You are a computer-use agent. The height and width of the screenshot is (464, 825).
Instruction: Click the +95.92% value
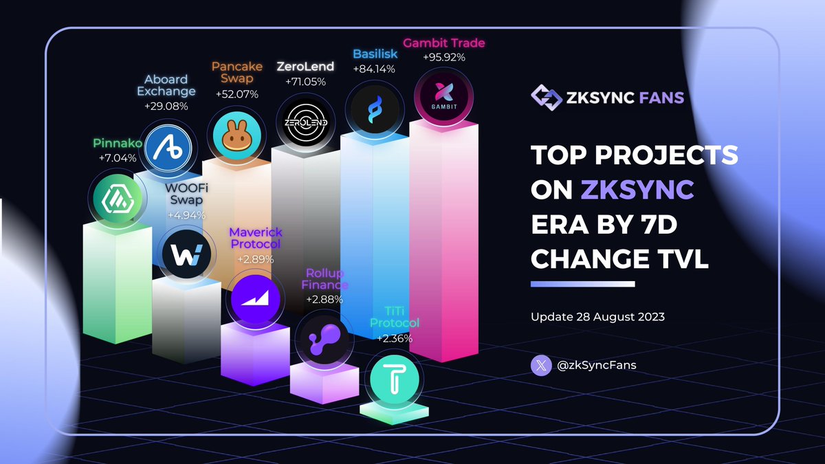(x=443, y=57)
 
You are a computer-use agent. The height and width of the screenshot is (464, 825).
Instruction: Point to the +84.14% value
(x=373, y=69)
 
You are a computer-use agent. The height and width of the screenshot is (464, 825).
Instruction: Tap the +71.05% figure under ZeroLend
(x=305, y=82)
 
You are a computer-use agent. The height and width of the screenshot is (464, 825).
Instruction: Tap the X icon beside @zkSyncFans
(x=541, y=365)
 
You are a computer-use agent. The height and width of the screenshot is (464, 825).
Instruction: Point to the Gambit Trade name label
(x=443, y=43)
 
